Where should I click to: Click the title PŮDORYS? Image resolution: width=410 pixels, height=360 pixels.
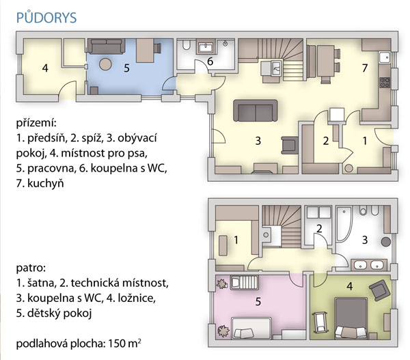[x=46, y=17]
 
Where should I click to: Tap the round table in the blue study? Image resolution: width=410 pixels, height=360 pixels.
[x=105, y=64]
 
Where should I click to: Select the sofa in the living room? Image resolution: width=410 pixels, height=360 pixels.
[x=255, y=111]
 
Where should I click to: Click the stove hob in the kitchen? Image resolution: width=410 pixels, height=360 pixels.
[x=385, y=82]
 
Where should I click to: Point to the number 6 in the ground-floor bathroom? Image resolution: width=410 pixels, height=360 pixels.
[x=210, y=61]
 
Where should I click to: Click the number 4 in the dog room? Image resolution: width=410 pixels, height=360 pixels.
[x=45, y=68]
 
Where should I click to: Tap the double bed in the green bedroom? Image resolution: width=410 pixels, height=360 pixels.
[x=351, y=318]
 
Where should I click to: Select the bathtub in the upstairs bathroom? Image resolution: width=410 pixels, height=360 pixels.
[x=344, y=224]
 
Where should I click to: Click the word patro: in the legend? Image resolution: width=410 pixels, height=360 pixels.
[x=31, y=268]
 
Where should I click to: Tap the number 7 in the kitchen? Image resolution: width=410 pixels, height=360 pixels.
[x=365, y=68]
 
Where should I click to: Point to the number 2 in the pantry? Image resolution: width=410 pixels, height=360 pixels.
[x=325, y=141]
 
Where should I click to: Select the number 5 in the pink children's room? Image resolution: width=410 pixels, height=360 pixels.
[x=258, y=301]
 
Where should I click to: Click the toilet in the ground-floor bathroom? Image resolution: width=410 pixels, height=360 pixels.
[x=186, y=44]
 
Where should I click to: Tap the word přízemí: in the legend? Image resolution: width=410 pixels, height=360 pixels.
[x=36, y=122]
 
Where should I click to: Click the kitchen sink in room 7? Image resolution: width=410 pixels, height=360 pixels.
[x=384, y=57]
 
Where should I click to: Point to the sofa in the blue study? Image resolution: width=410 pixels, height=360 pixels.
[x=106, y=46]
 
